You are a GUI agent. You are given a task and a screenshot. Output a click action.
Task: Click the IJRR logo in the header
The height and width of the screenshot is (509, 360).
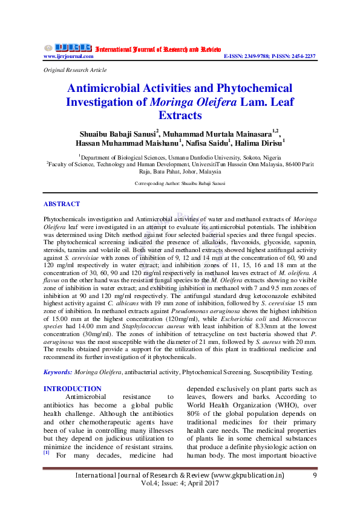pyautogui.click(x=67, y=48)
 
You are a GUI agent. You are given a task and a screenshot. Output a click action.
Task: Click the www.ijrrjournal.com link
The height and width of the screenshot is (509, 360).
pyautogui.click(x=68, y=56)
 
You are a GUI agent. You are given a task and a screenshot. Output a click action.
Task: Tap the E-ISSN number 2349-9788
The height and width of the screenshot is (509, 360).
pyautogui.click(x=253, y=56)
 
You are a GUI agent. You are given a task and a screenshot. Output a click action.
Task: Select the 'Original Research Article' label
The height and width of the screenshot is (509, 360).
pyautogui.click(x=75, y=70)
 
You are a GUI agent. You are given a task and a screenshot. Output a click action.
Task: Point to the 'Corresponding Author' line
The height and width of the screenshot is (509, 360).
pyautogui.click(x=180, y=182)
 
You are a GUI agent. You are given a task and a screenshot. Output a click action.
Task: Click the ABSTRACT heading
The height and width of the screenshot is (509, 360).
pyautogui.click(x=62, y=204)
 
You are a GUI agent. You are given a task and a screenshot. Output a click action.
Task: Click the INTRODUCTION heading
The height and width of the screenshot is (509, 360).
pyautogui.click(x=73, y=389)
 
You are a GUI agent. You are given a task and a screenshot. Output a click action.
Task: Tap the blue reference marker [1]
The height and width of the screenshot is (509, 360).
pyautogui.click(x=47, y=452)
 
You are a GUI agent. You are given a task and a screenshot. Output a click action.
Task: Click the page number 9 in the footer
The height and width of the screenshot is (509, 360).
pyautogui.click(x=315, y=476)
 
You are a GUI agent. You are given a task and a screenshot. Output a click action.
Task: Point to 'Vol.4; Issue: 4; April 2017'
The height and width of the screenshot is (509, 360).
pyautogui.click(x=179, y=485)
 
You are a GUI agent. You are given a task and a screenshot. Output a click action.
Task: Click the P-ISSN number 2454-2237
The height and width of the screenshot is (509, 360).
pyautogui.click(x=301, y=56)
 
